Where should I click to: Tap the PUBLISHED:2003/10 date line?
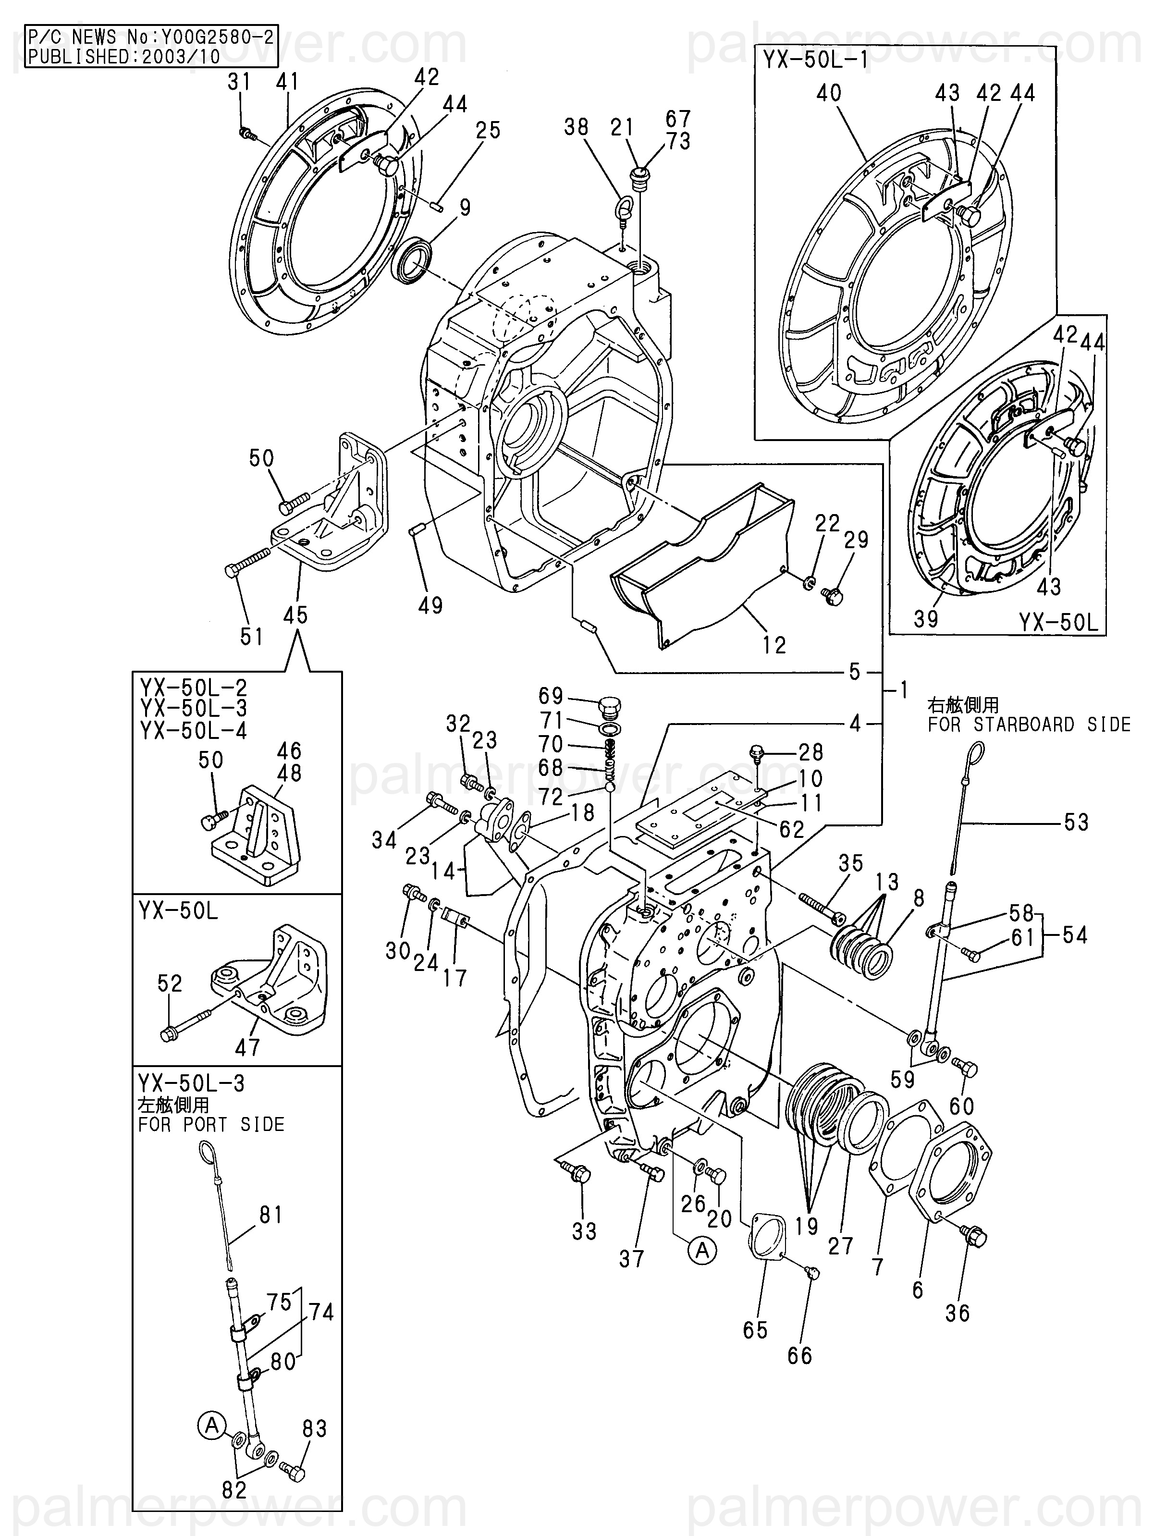click(x=124, y=56)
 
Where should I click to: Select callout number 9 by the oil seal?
click(x=465, y=207)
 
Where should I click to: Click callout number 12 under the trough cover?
click(x=773, y=645)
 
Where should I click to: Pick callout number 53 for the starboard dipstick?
click(x=1076, y=823)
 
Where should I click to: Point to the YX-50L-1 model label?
click(x=816, y=60)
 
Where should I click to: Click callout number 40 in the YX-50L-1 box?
click(x=829, y=93)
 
